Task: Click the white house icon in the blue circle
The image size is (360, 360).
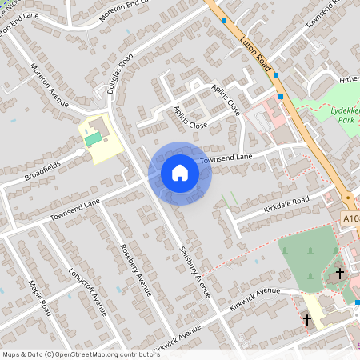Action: coord(180,173)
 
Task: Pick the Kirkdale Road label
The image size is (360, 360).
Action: coord(286,206)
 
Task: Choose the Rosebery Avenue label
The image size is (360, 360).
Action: coord(134,270)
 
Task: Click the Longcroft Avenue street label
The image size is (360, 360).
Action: coord(87,290)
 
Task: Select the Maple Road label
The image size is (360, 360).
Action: coord(39,297)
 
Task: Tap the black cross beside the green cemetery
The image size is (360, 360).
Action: coord(339,273)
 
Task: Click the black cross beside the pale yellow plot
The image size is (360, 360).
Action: coord(306,319)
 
